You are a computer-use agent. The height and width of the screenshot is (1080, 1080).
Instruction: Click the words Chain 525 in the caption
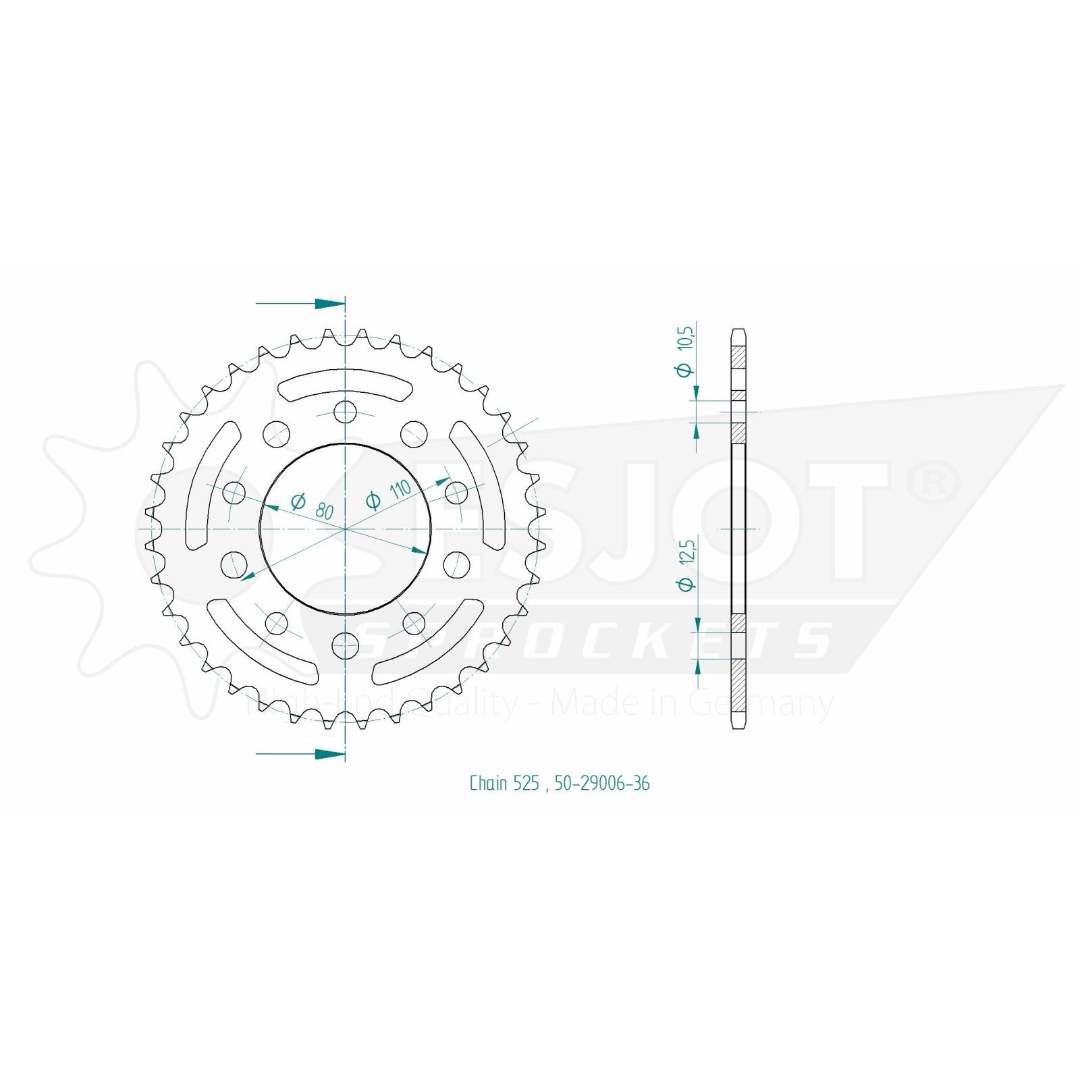(x=504, y=783)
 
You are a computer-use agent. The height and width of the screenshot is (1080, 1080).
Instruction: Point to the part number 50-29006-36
(x=602, y=783)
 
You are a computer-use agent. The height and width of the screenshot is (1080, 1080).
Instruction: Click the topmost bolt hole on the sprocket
(x=345, y=411)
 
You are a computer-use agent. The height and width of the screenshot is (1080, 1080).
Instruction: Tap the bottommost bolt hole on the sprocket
(x=345, y=646)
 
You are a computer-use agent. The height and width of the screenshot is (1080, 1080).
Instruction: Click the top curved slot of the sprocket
(x=345, y=381)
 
